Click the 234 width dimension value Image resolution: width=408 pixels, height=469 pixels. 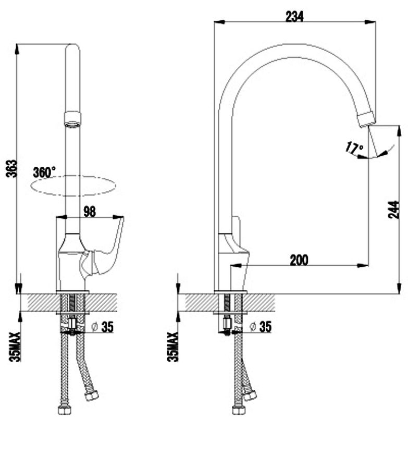tap(294, 17)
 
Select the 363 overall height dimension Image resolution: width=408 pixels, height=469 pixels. tap(13, 169)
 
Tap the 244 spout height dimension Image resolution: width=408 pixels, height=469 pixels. tap(393, 209)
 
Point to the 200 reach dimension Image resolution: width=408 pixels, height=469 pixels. tap(299, 260)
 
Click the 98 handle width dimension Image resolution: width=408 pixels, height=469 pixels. tap(90, 212)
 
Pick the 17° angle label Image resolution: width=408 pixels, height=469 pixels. tap(354, 148)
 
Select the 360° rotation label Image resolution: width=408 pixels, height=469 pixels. tap(44, 172)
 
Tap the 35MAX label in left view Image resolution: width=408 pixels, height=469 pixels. tap(15, 347)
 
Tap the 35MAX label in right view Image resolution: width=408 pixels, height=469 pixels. tap(172, 347)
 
